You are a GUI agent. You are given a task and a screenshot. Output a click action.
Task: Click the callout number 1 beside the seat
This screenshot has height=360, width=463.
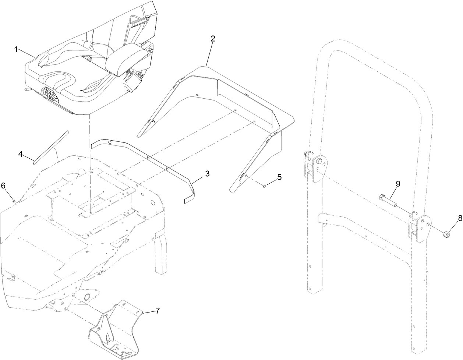point(16,50)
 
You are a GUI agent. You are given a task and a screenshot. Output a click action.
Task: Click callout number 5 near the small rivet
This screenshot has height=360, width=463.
point(279,177)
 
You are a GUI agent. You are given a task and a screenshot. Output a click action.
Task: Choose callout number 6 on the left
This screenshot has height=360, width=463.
point(3,186)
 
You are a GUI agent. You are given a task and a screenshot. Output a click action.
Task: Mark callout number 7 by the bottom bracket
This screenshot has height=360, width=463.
point(158,311)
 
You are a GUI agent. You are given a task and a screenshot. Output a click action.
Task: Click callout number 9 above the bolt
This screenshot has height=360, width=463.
point(398,183)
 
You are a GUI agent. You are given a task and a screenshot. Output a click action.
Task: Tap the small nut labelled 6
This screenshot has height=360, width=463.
point(14,201)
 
